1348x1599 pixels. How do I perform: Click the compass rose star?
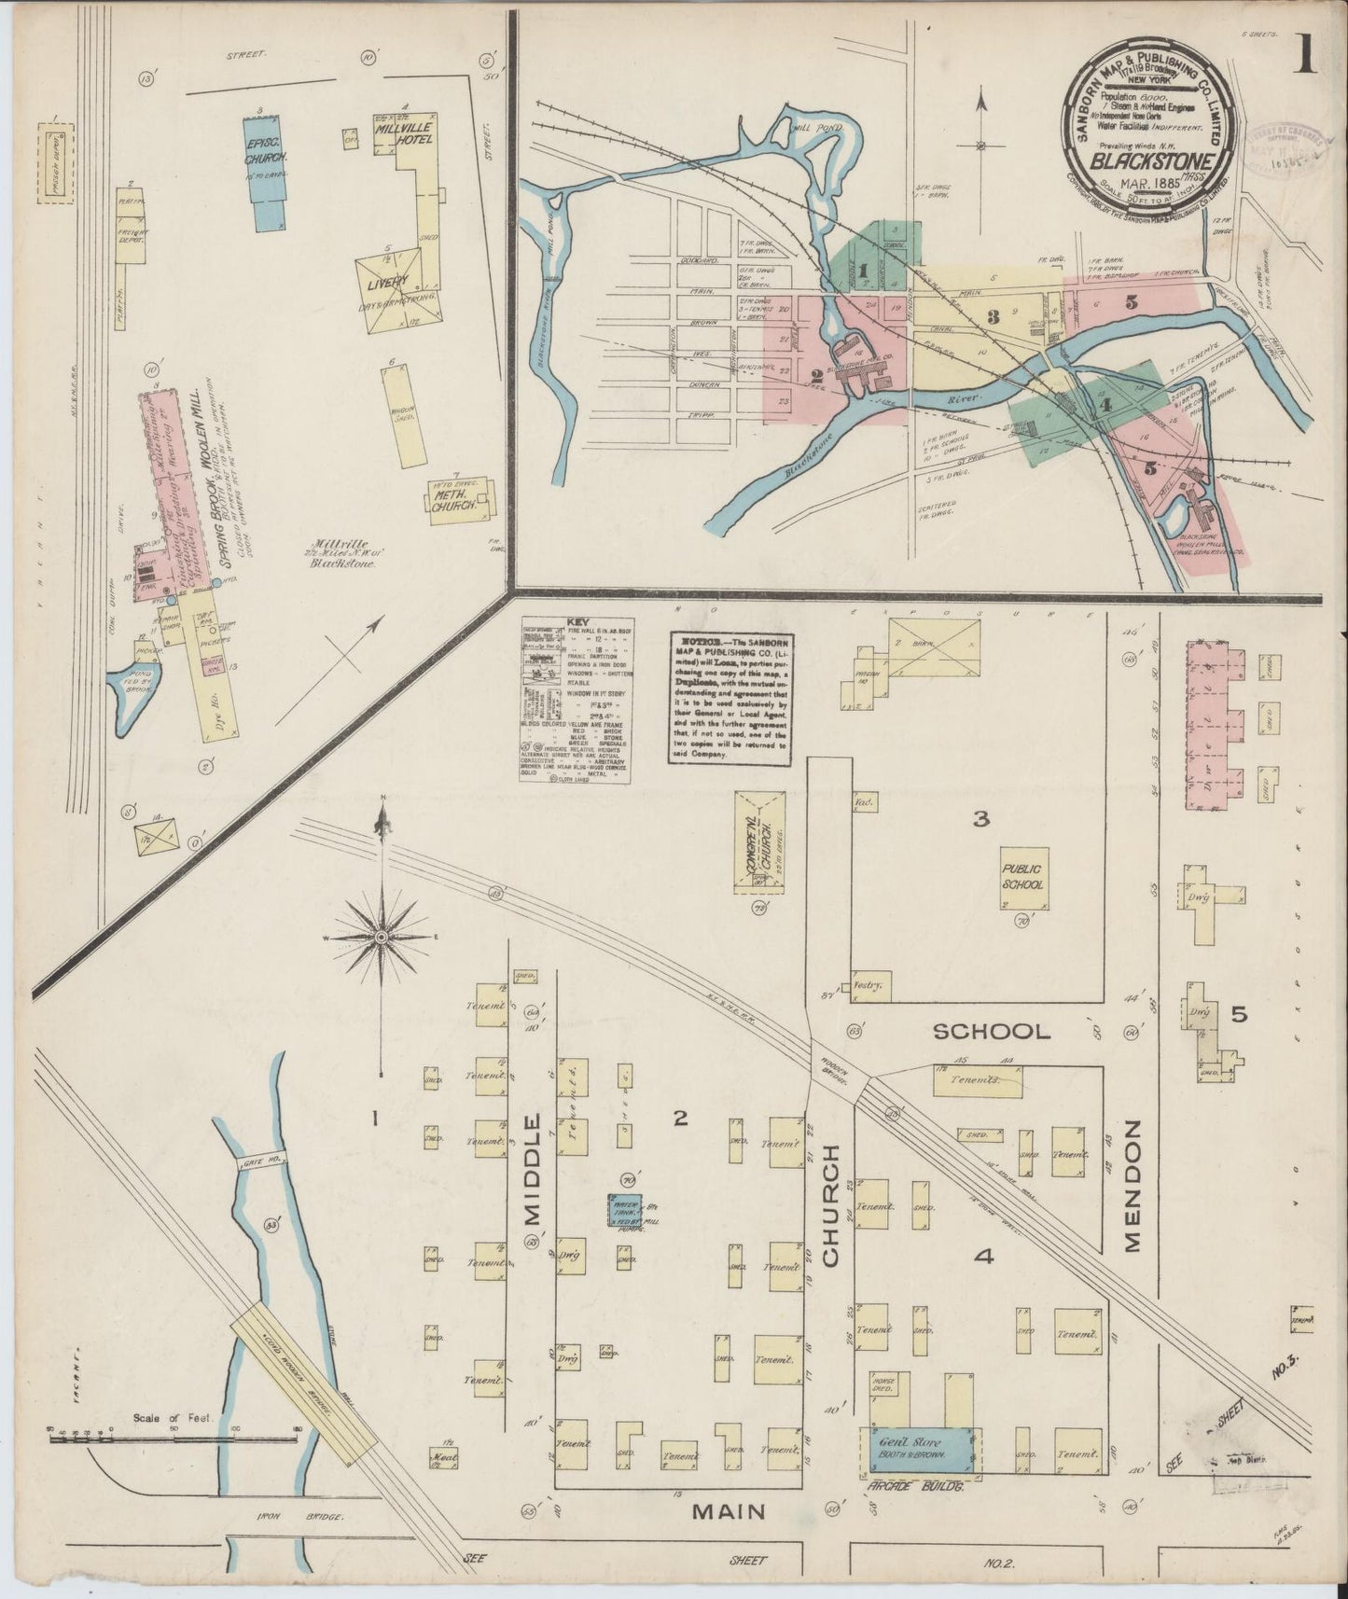point(382,936)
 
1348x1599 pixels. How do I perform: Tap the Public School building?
point(1024,878)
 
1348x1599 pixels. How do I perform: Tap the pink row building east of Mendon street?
point(1215,725)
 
